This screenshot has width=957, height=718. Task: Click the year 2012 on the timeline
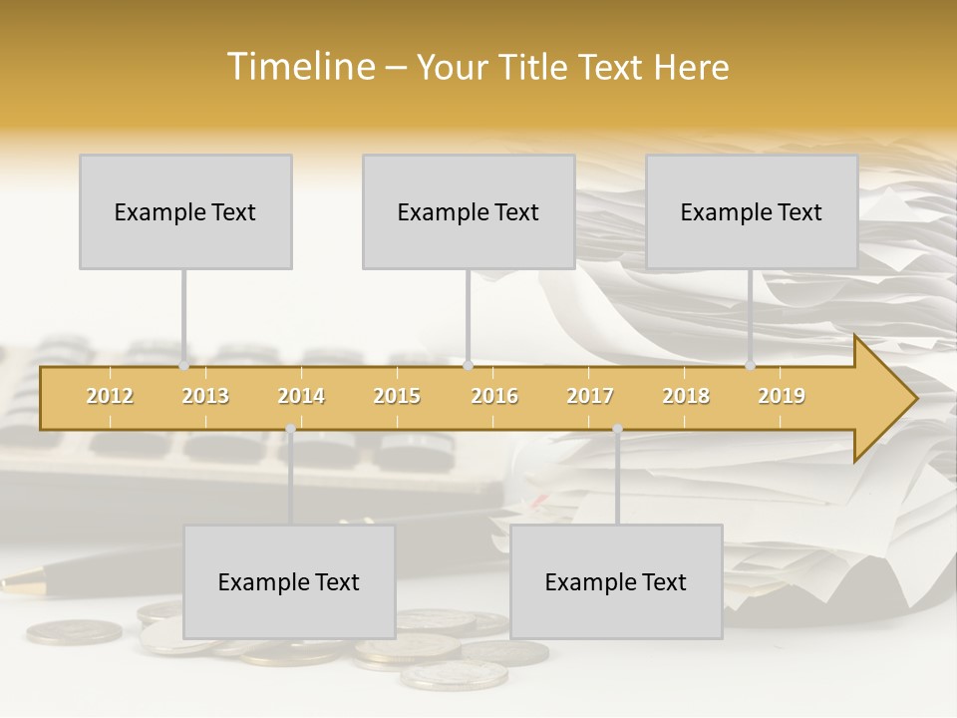click(x=110, y=396)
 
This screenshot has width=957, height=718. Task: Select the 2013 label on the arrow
click(x=205, y=396)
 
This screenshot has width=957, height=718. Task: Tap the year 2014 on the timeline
click(x=301, y=396)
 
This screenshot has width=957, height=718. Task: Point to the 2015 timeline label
click(x=397, y=396)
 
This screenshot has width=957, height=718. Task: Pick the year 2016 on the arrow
click(x=494, y=396)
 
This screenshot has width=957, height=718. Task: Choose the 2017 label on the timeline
click(x=590, y=396)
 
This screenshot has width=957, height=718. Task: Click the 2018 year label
click(x=686, y=396)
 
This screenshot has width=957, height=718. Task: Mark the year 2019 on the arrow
click(x=782, y=396)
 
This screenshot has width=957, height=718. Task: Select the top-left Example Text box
click(x=185, y=212)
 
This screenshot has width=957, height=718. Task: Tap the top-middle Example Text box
click(x=469, y=212)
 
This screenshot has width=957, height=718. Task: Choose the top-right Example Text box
click(x=752, y=212)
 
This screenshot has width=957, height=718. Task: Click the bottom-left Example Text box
click(x=289, y=582)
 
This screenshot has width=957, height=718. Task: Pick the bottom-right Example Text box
click(x=616, y=582)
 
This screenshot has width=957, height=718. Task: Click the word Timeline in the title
click(x=300, y=67)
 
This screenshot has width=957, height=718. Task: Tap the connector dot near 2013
click(x=183, y=366)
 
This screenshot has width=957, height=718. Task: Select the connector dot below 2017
click(x=617, y=429)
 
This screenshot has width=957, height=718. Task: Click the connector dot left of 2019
click(x=751, y=366)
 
